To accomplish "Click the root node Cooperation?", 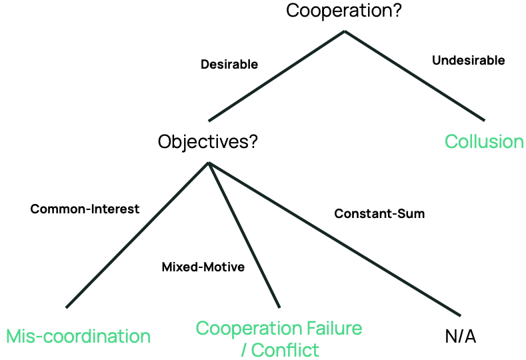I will [343, 11].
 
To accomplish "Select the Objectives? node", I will [207, 142].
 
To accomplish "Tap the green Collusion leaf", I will [484, 142].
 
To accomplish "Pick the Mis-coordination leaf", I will [78, 335].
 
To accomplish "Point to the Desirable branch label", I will [229, 65].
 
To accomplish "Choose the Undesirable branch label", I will [468, 61].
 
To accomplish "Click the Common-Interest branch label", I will [85, 209].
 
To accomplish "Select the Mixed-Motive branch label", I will [203, 267].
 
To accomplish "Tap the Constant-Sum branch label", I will [379, 214].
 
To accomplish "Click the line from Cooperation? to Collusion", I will [415, 75].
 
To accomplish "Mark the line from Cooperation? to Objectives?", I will [277, 75].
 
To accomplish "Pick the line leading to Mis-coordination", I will [137, 235].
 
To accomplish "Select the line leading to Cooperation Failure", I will [244, 235].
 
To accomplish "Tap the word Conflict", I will [285, 349].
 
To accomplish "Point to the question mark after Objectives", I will [253, 142].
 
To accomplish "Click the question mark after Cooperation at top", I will [397, 11].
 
